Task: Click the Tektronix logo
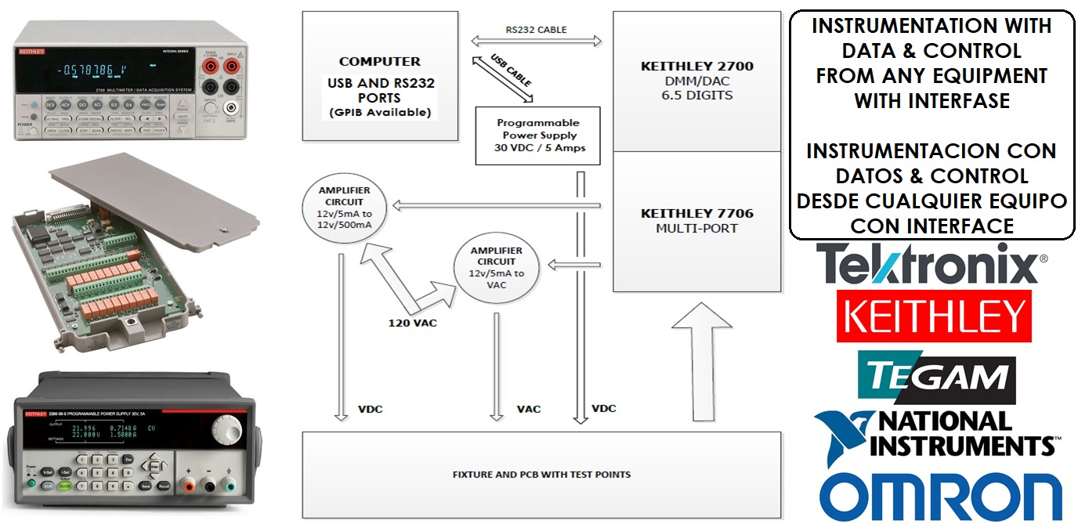(931, 264)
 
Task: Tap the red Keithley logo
(933, 316)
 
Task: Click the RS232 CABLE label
(536, 30)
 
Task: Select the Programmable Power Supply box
(537, 135)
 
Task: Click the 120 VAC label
(412, 322)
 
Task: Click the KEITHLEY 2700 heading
(696, 67)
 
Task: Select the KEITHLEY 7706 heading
(696, 213)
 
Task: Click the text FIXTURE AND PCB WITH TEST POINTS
(541, 474)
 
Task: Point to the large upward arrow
(702, 360)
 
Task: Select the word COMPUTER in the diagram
(379, 61)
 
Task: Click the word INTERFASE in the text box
(931, 100)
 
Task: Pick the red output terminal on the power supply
(188, 486)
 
